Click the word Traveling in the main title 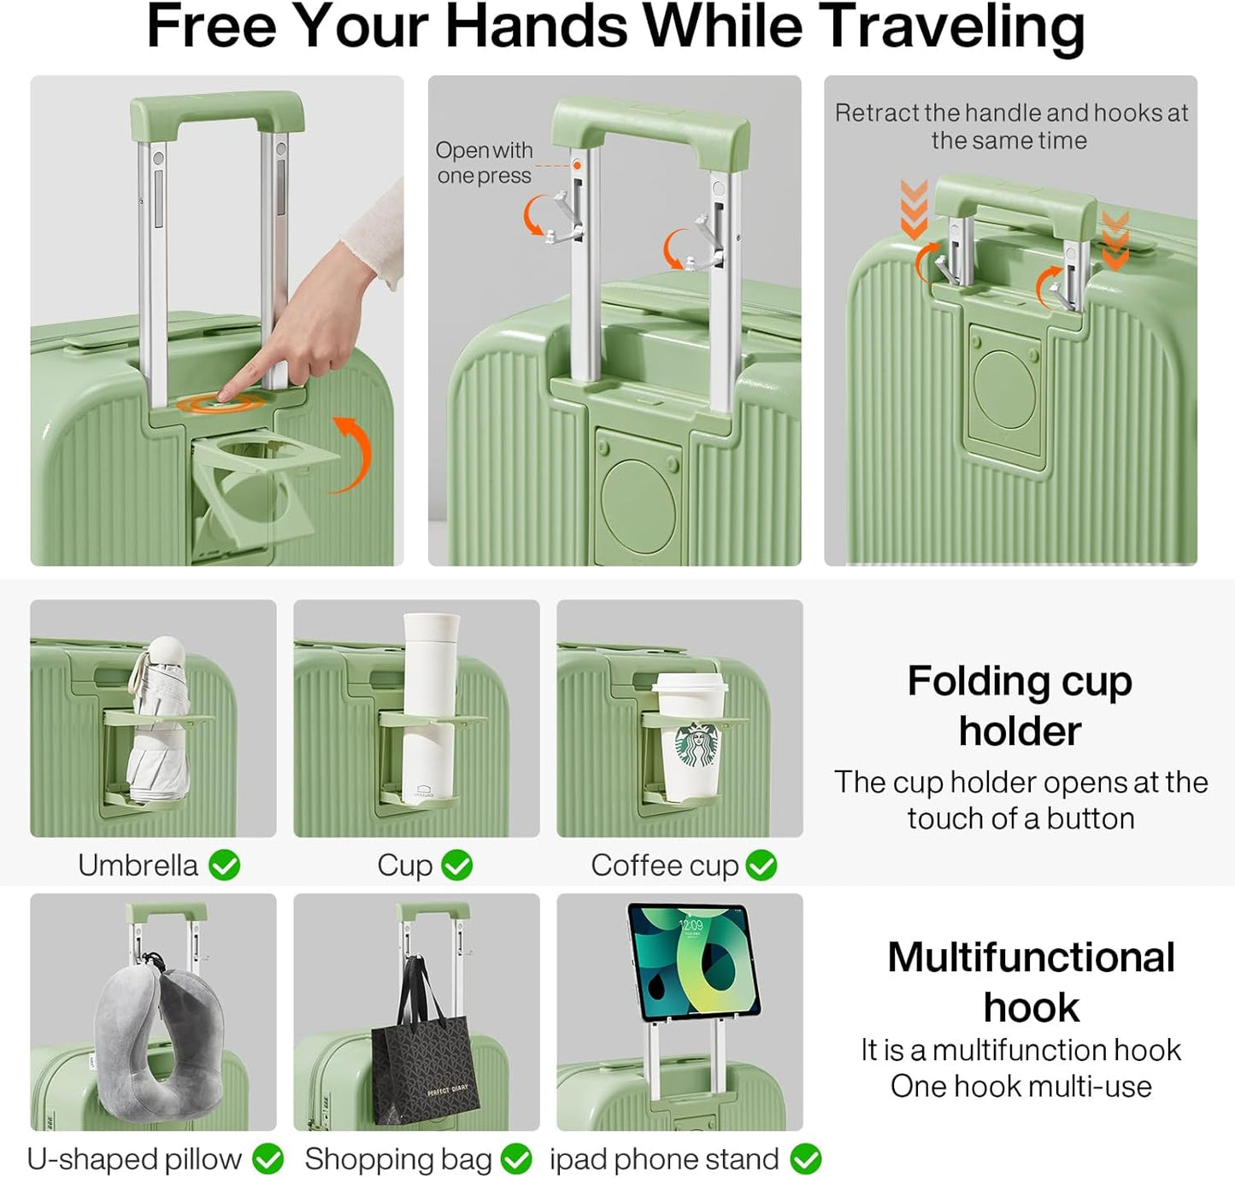click(x=951, y=27)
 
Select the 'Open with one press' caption click(x=484, y=162)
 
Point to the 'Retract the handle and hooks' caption click(x=1010, y=126)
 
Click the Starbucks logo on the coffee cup click(x=697, y=745)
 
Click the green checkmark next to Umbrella click(x=225, y=865)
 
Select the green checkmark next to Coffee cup click(x=761, y=865)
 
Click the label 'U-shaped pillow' click(x=134, y=1159)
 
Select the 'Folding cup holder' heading click(x=1020, y=706)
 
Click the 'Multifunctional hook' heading click(x=1031, y=982)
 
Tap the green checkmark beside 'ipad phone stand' click(x=805, y=1159)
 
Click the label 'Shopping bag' click(x=398, y=1159)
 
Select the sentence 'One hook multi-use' click(x=1020, y=1087)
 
